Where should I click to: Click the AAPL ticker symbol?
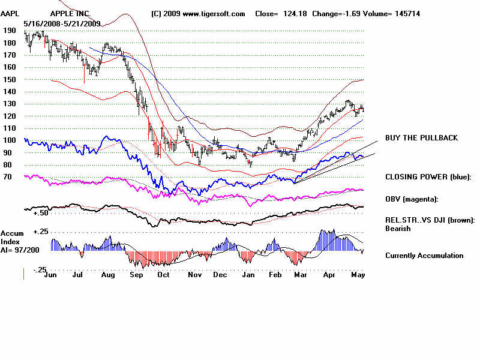click(x=10, y=13)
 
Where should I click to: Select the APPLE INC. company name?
click(x=70, y=13)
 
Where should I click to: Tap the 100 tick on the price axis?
click(x=8, y=140)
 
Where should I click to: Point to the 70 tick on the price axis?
click(x=8, y=177)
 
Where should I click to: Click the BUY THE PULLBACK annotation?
click(x=421, y=138)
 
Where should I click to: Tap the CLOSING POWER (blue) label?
click(x=428, y=177)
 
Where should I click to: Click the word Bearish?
click(x=398, y=229)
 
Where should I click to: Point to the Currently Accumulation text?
click(x=424, y=256)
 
